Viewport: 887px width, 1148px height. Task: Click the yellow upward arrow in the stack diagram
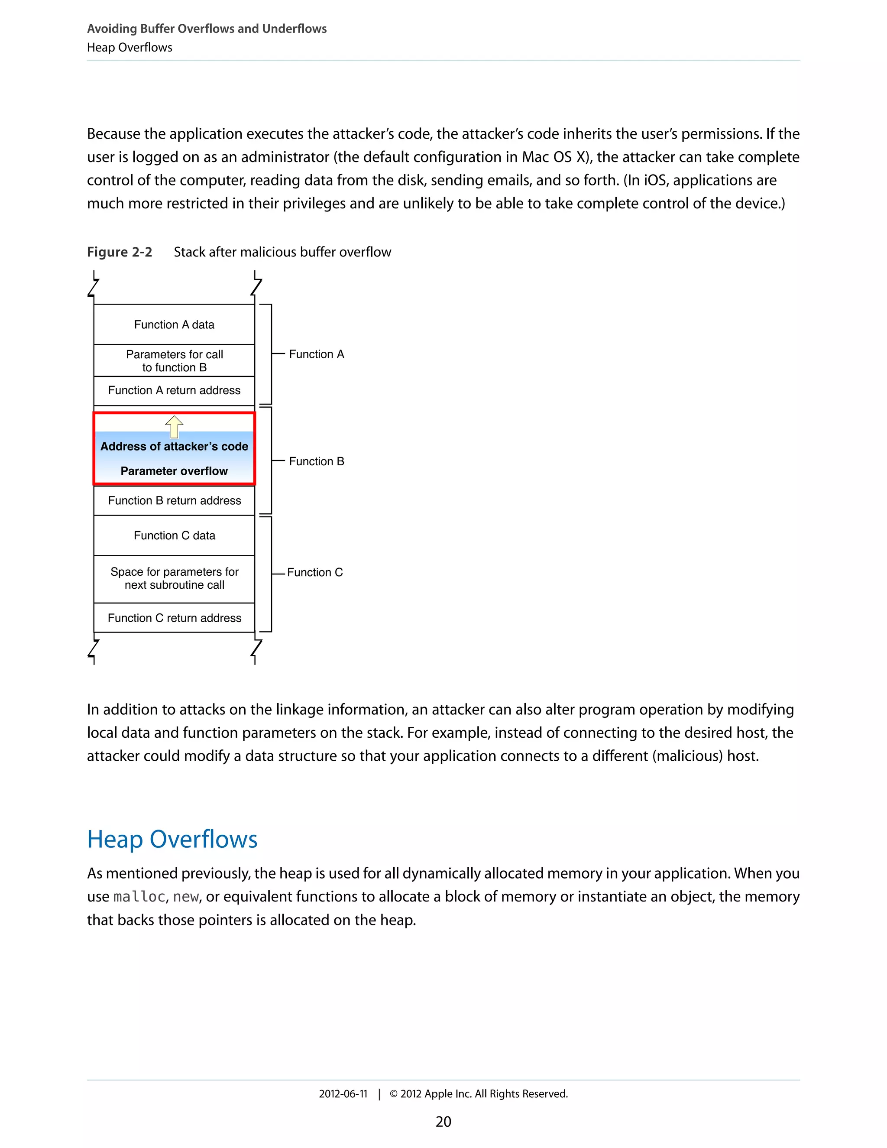[174, 426]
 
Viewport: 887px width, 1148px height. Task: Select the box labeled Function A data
[174, 324]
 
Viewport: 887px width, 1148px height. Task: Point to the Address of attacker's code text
[174, 446]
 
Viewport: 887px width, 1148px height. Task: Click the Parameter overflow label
[174, 471]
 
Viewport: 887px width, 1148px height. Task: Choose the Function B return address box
[174, 500]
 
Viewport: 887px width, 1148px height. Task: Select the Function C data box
[174, 535]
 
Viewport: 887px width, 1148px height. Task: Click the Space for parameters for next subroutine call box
[174, 578]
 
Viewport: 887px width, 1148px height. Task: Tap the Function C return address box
[174, 618]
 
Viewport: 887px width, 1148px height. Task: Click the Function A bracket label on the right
[316, 354]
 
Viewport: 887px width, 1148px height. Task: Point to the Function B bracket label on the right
[316, 461]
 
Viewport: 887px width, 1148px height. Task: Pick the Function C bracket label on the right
[315, 572]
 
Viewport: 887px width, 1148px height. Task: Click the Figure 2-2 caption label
[119, 252]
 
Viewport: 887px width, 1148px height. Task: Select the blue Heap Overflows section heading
[172, 839]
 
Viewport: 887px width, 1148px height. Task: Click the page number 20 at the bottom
[443, 1122]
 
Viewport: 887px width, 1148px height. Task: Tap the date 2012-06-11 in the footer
[343, 1094]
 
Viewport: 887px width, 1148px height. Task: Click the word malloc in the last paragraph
[139, 897]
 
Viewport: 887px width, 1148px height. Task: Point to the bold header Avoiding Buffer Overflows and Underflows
[207, 29]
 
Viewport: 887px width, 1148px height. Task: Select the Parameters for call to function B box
[174, 360]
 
